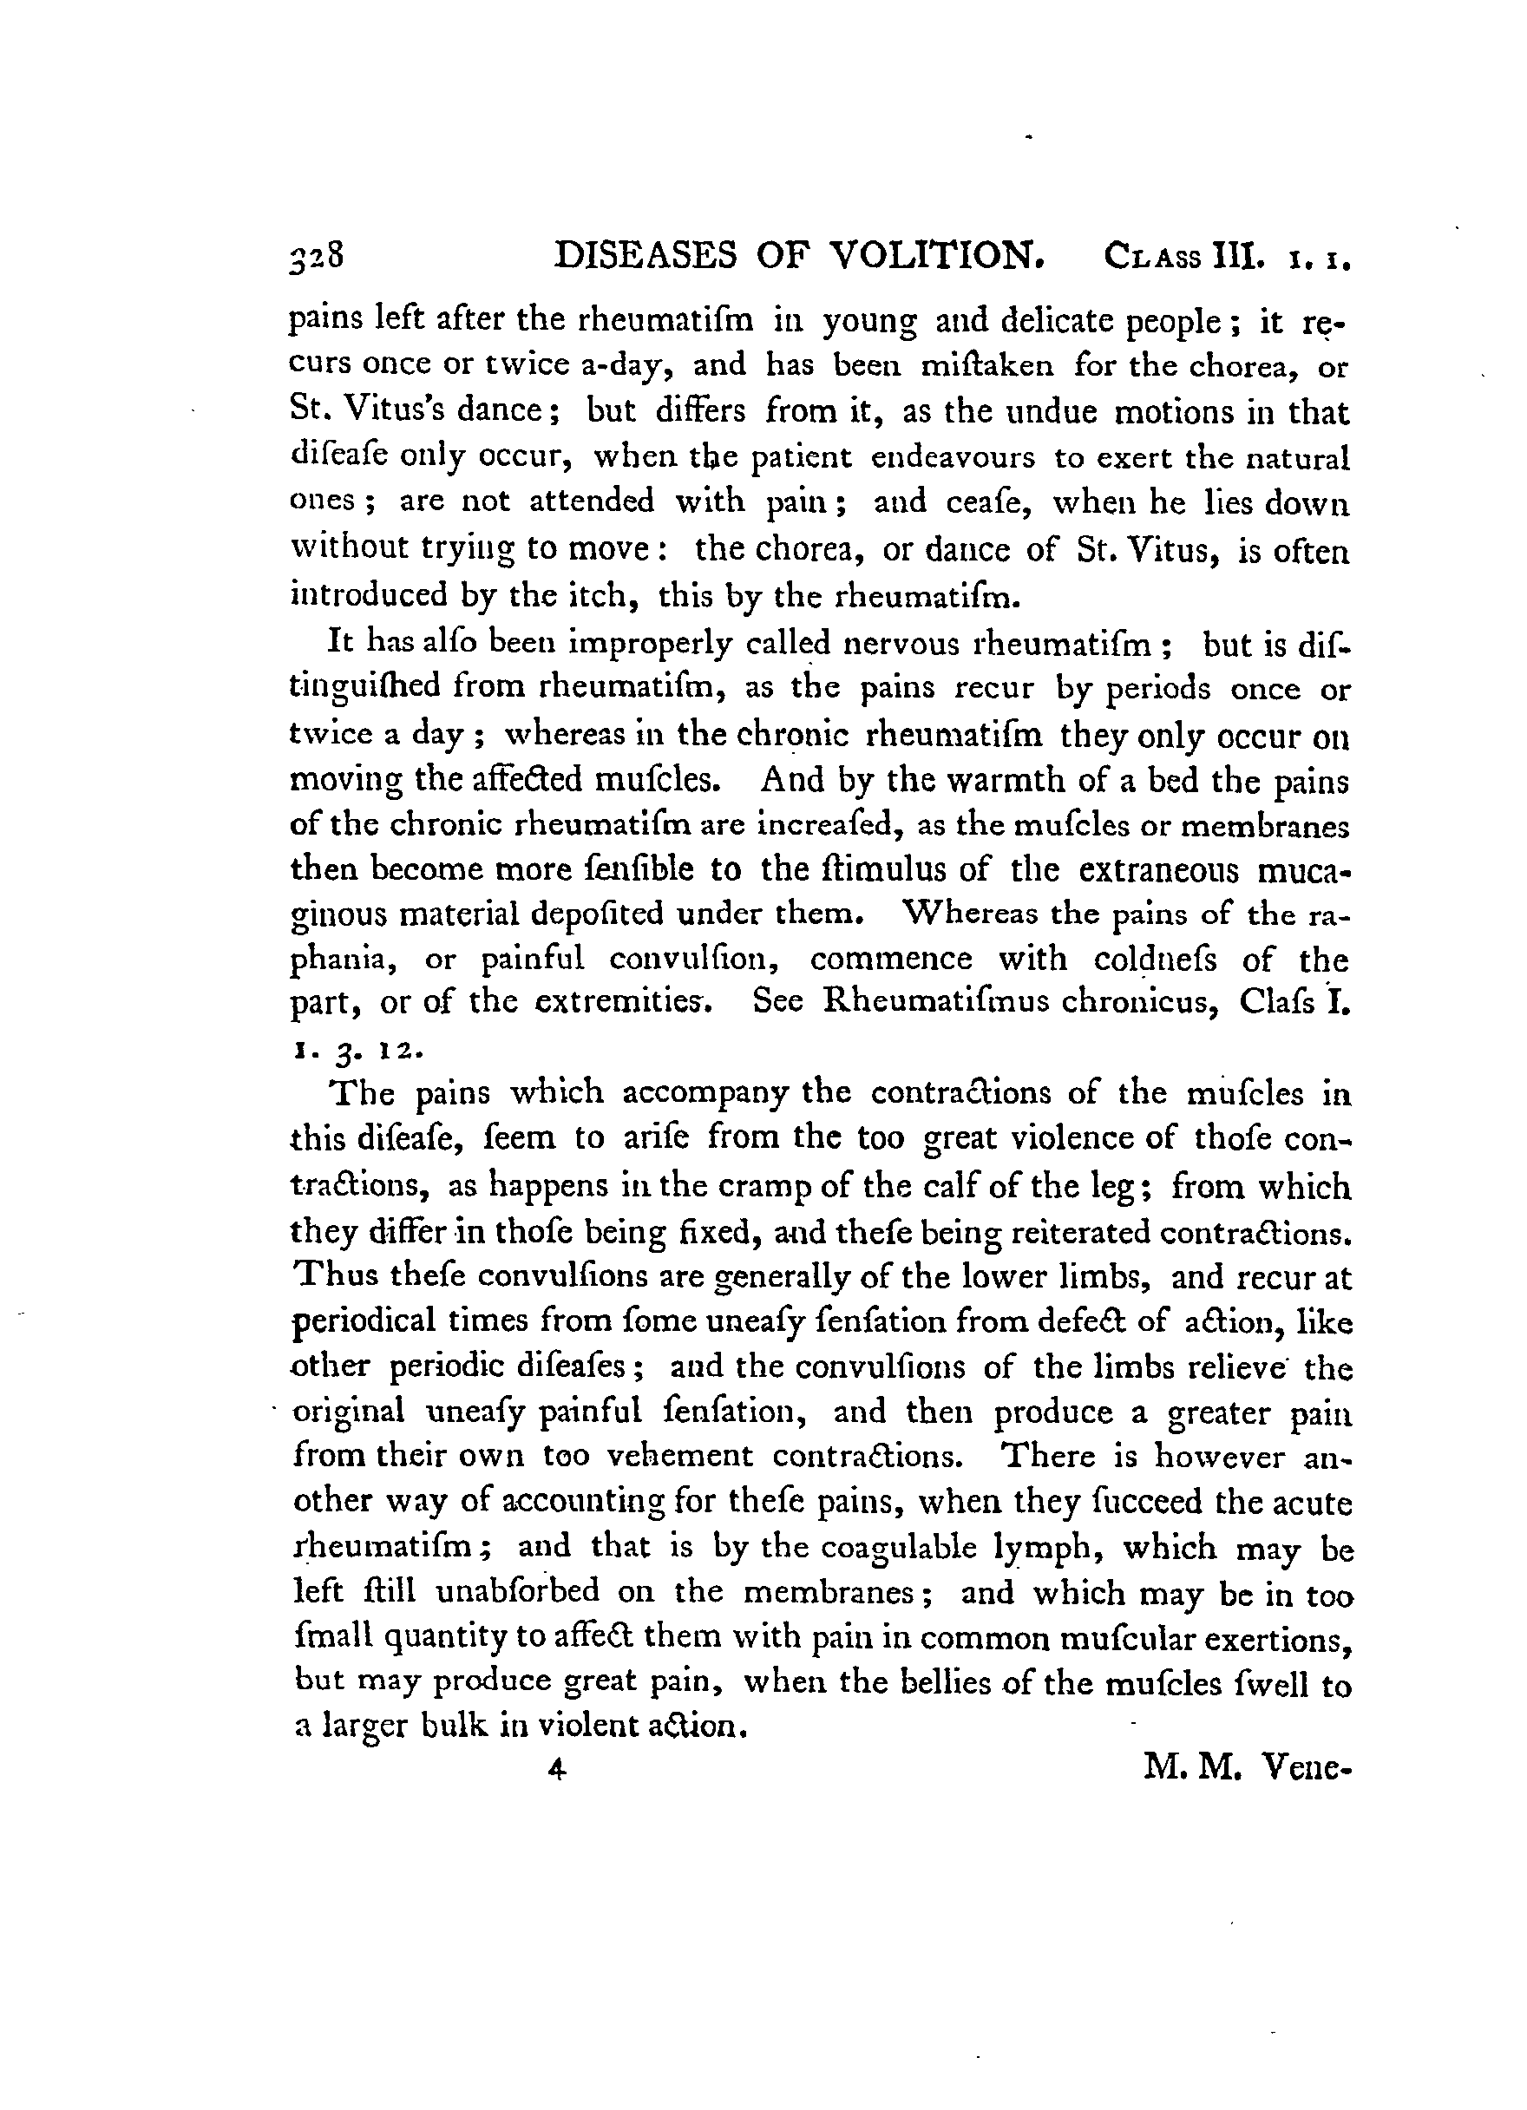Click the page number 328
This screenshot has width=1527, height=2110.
[x=318, y=257]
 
